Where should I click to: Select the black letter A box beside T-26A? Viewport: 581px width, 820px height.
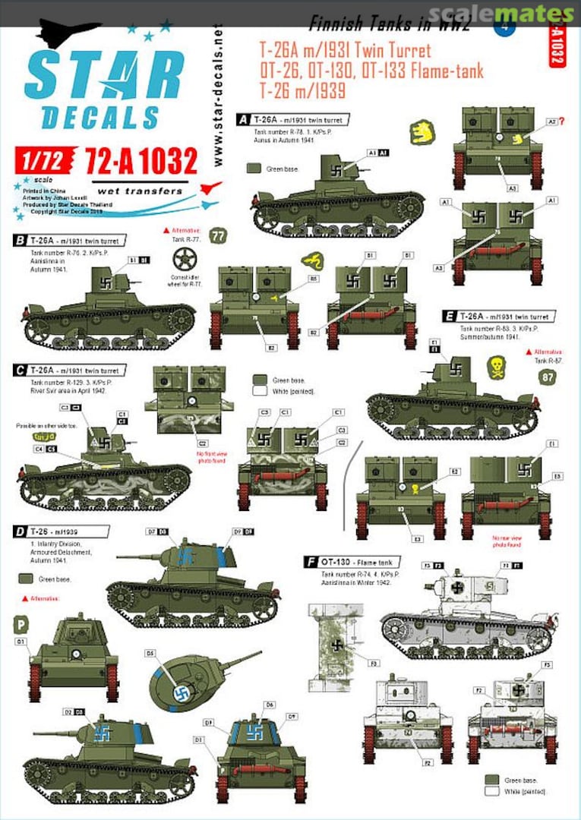tap(244, 120)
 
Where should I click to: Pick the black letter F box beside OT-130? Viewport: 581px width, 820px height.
tap(310, 562)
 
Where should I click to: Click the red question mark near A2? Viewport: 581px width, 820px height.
tap(562, 120)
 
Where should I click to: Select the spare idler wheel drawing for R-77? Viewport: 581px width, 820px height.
tap(184, 258)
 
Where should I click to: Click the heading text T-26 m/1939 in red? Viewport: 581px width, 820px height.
tap(292, 90)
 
